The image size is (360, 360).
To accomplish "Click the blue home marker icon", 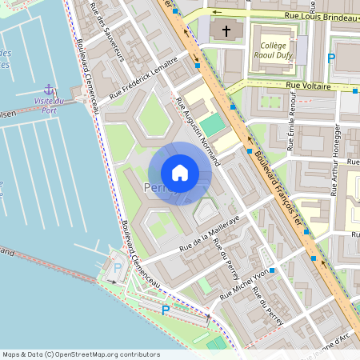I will [x=179, y=172].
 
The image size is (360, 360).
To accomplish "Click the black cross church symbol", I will [x=226, y=31].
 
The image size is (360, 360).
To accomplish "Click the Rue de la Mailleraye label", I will [x=210, y=238].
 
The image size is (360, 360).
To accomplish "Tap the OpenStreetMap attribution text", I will [x=80, y=354].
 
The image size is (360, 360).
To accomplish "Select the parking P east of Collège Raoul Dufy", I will [x=331, y=58].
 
